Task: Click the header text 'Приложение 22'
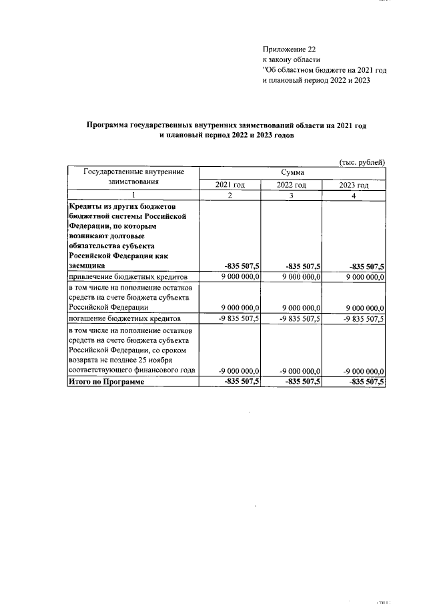pos(289,49)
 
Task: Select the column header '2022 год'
pos(292,185)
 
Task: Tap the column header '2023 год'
pos(354,185)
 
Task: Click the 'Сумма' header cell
pos(292,172)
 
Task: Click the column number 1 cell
pos(133,196)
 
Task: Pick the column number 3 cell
pos(292,196)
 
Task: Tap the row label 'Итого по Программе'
pos(107,381)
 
